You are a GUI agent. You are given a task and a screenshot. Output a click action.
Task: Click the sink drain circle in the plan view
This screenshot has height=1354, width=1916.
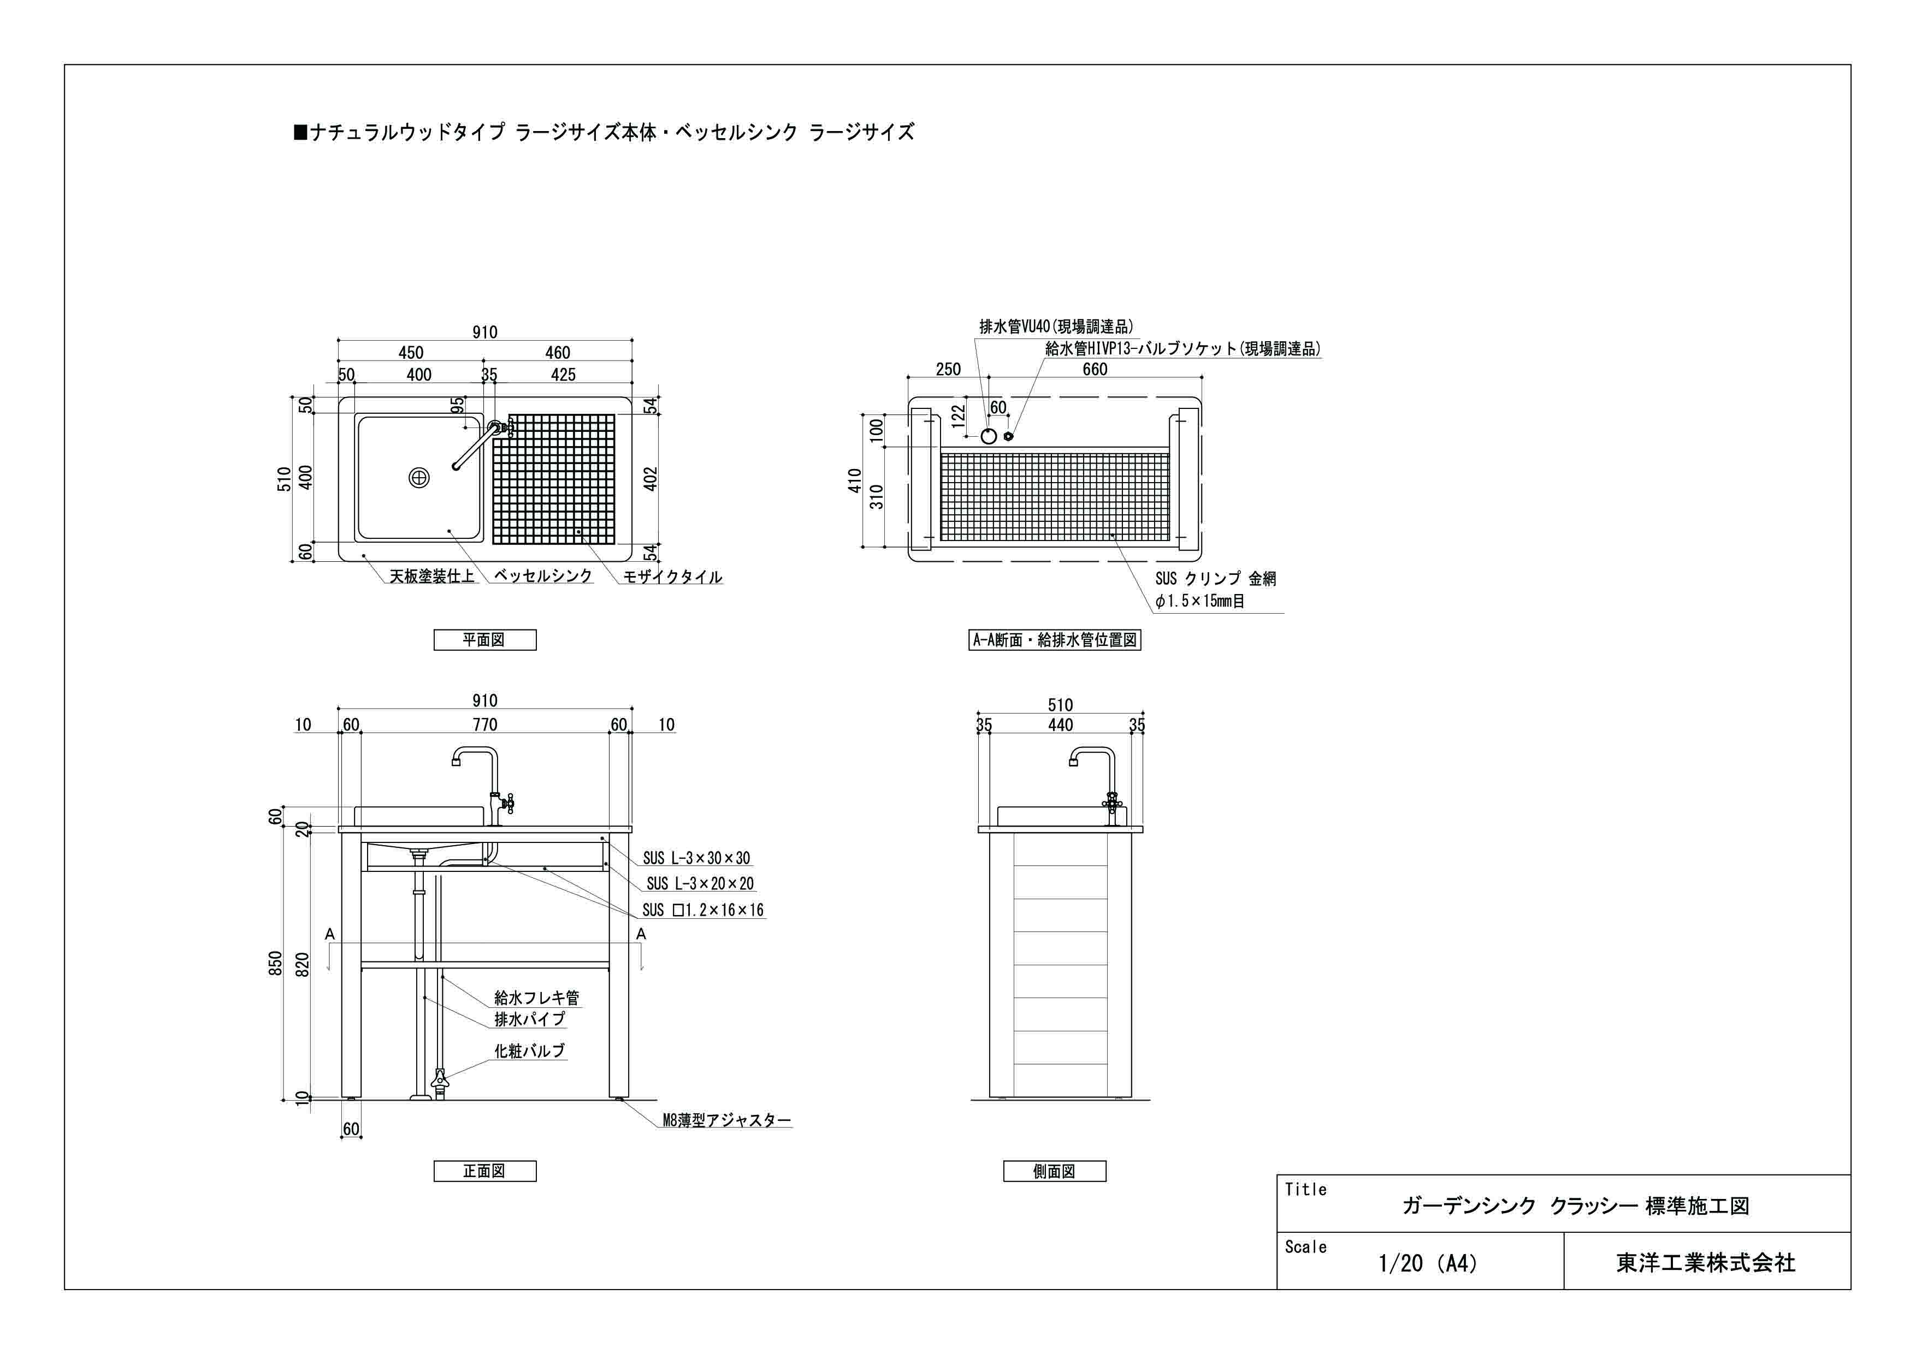(419, 478)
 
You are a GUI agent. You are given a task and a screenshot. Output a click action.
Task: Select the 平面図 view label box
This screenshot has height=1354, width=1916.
(485, 640)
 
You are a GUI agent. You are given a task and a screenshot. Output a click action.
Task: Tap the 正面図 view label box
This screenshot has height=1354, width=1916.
(485, 1171)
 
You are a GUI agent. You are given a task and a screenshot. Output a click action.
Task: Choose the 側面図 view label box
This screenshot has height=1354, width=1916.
(1054, 1171)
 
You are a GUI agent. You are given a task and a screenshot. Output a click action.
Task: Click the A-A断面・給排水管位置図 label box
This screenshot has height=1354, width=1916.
(1055, 640)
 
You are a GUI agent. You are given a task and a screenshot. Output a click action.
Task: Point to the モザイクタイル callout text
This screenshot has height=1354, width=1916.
(672, 577)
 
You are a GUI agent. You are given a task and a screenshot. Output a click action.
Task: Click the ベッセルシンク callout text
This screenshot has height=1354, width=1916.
(542, 575)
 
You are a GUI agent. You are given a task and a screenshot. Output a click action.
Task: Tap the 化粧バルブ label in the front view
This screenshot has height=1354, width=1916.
(530, 1051)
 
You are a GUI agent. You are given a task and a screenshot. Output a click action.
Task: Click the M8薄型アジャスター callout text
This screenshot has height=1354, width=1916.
(726, 1120)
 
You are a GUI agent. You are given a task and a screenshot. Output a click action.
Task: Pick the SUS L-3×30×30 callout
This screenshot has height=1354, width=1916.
(696, 858)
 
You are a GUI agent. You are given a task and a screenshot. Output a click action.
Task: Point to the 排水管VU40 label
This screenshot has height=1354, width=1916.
(1056, 326)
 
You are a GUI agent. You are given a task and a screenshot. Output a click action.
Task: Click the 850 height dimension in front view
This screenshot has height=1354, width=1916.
(275, 964)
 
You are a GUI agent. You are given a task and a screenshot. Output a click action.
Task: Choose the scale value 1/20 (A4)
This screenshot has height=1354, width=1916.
(1427, 1263)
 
